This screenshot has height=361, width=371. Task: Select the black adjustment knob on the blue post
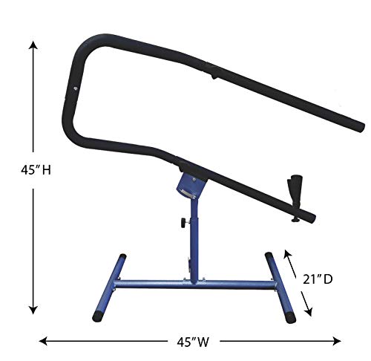point(180,221)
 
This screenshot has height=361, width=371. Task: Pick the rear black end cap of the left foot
point(118,256)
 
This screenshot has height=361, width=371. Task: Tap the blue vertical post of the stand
point(195,238)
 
